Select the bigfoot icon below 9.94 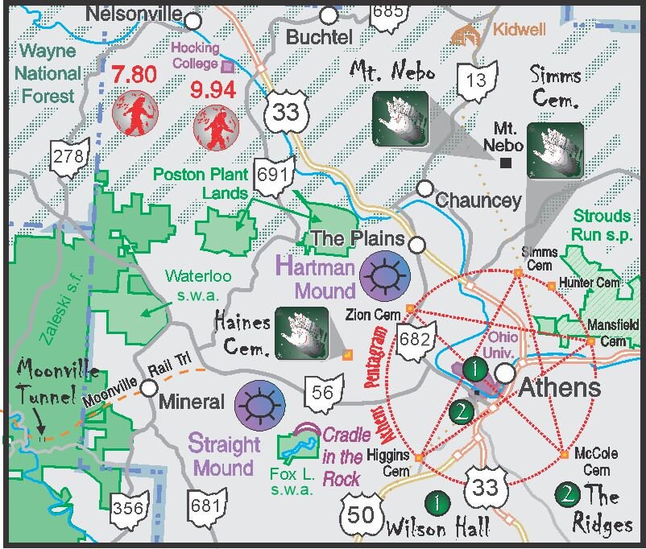(215, 126)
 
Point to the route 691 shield (271, 173)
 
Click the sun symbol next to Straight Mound (260, 404)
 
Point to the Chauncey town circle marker (424, 188)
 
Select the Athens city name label (559, 388)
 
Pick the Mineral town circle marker (149, 389)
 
